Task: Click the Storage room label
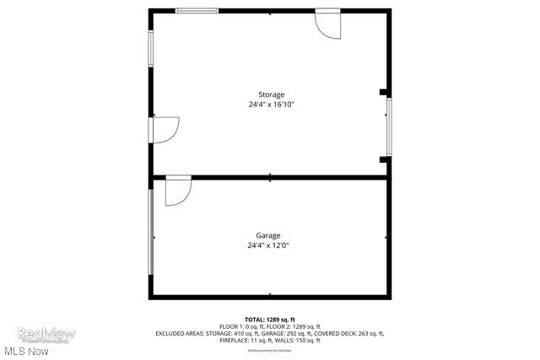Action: pos(271,94)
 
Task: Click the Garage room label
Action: pos(268,235)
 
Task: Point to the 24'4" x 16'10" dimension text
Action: pos(271,105)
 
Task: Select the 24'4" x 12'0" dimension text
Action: pos(268,245)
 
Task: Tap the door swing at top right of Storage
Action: pos(327,24)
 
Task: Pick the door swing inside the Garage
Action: pos(177,191)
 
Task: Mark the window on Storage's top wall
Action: pos(197,11)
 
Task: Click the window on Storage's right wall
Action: pos(389,126)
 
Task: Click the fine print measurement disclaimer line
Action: pos(269,349)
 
